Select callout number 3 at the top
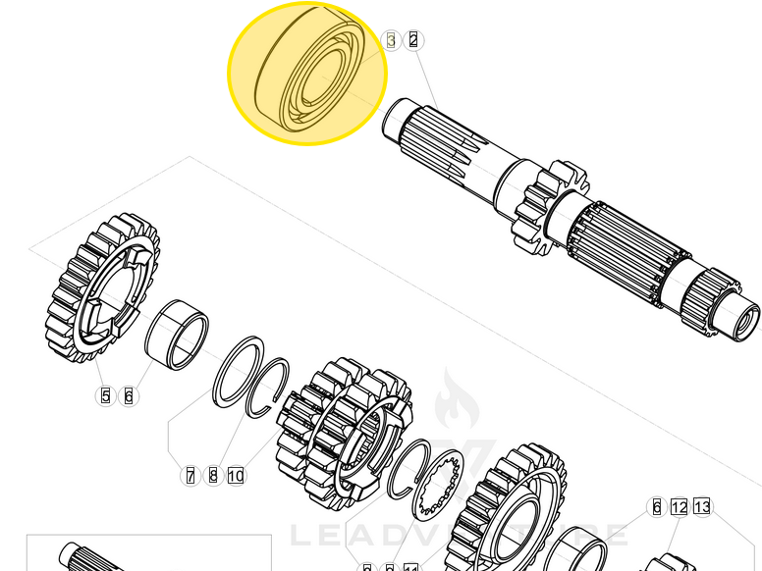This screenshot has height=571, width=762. coord(392,40)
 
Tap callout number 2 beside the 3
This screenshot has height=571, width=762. coord(413,40)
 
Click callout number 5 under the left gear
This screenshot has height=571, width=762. coord(106,396)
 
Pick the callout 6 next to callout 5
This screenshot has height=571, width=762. coord(128,396)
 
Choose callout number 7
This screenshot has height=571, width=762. coord(190,476)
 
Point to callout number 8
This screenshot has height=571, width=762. coord(213,476)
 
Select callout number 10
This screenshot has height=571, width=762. coord(236,476)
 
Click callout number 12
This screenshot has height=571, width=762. coord(680,507)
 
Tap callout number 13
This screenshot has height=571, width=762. coord(701,507)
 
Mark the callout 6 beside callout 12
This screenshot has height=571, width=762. coord(657,507)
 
